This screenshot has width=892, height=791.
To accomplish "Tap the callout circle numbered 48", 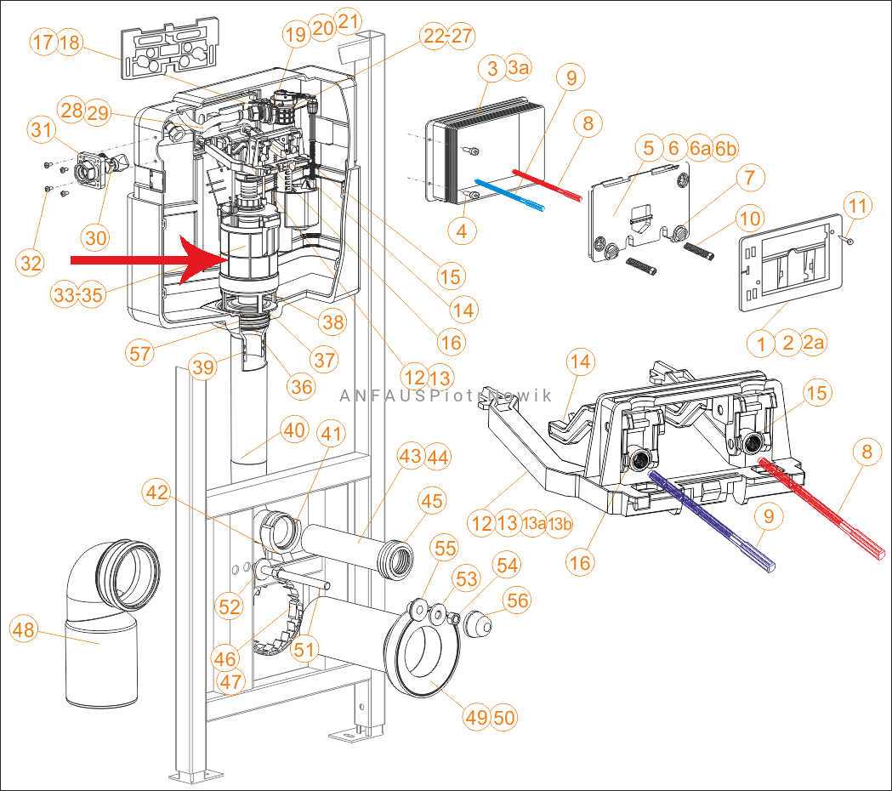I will point(26,630).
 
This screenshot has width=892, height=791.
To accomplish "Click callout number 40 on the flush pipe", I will point(294,431).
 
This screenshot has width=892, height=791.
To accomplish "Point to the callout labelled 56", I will point(517,600).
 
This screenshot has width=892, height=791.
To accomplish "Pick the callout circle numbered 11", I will point(858,206).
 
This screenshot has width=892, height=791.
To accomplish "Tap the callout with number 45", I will point(432,502).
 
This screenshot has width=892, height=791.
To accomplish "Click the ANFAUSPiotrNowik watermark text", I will point(446,395).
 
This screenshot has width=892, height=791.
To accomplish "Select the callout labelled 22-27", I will point(448,36).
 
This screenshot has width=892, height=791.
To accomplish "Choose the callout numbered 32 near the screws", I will point(31,264).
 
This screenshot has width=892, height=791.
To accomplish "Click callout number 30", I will point(97,238).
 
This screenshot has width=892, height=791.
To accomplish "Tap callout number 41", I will point(333,433).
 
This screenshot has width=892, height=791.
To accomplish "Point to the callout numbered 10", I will point(750,219).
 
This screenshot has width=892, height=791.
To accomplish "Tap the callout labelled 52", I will point(230,606).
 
